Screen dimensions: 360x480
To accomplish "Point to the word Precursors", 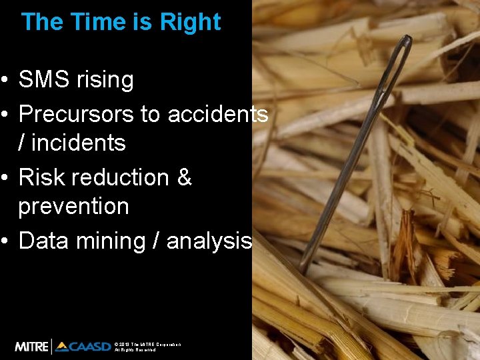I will click(76, 115).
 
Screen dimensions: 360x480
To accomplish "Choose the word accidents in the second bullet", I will click(217, 115).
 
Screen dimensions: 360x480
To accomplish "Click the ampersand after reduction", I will click(185, 178).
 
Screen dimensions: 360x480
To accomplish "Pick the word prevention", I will click(73, 207).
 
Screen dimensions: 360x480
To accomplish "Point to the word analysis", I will click(209, 241).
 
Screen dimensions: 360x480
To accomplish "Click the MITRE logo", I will click(32, 347).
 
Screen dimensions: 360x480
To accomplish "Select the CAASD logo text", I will click(83, 347).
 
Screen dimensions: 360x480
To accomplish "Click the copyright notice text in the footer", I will click(147, 347).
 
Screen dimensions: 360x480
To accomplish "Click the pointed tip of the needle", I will click(303, 271).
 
